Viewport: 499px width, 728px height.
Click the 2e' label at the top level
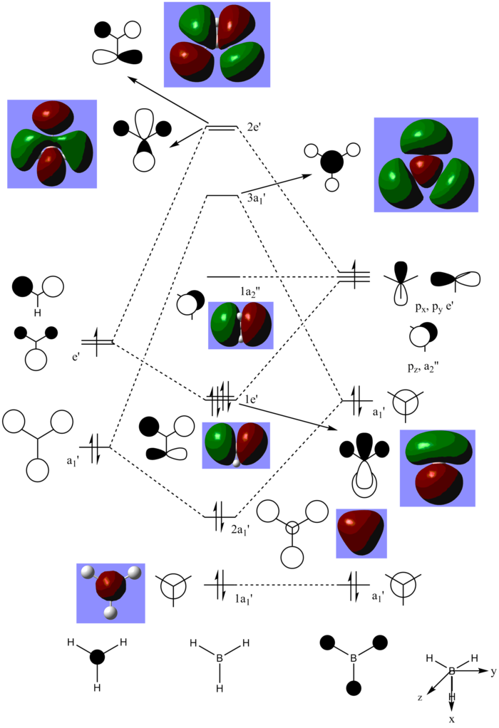(x=254, y=127)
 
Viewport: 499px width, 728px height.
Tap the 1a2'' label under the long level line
(x=250, y=291)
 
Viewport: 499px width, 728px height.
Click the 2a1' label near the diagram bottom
(x=241, y=529)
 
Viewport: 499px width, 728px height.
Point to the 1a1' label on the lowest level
(x=244, y=598)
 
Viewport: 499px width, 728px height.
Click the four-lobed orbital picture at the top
(x=217, y=44)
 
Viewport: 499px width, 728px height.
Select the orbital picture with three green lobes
(x=426, y=165)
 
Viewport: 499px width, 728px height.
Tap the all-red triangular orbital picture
(x=361, y=534)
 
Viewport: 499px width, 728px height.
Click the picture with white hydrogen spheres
(x=110, y=593)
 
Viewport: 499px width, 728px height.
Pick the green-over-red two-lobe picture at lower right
(x=437, y=468)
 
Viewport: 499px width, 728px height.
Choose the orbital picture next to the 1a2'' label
(x=240, y=326)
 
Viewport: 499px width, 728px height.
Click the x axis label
(x=451, y=719)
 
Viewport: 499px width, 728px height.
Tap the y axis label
(x=493, y=672)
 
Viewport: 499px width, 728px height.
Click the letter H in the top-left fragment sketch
(x=37, y=312)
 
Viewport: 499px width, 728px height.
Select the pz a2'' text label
(x=422, y=369)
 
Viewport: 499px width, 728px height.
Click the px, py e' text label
(x=434, y=308)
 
